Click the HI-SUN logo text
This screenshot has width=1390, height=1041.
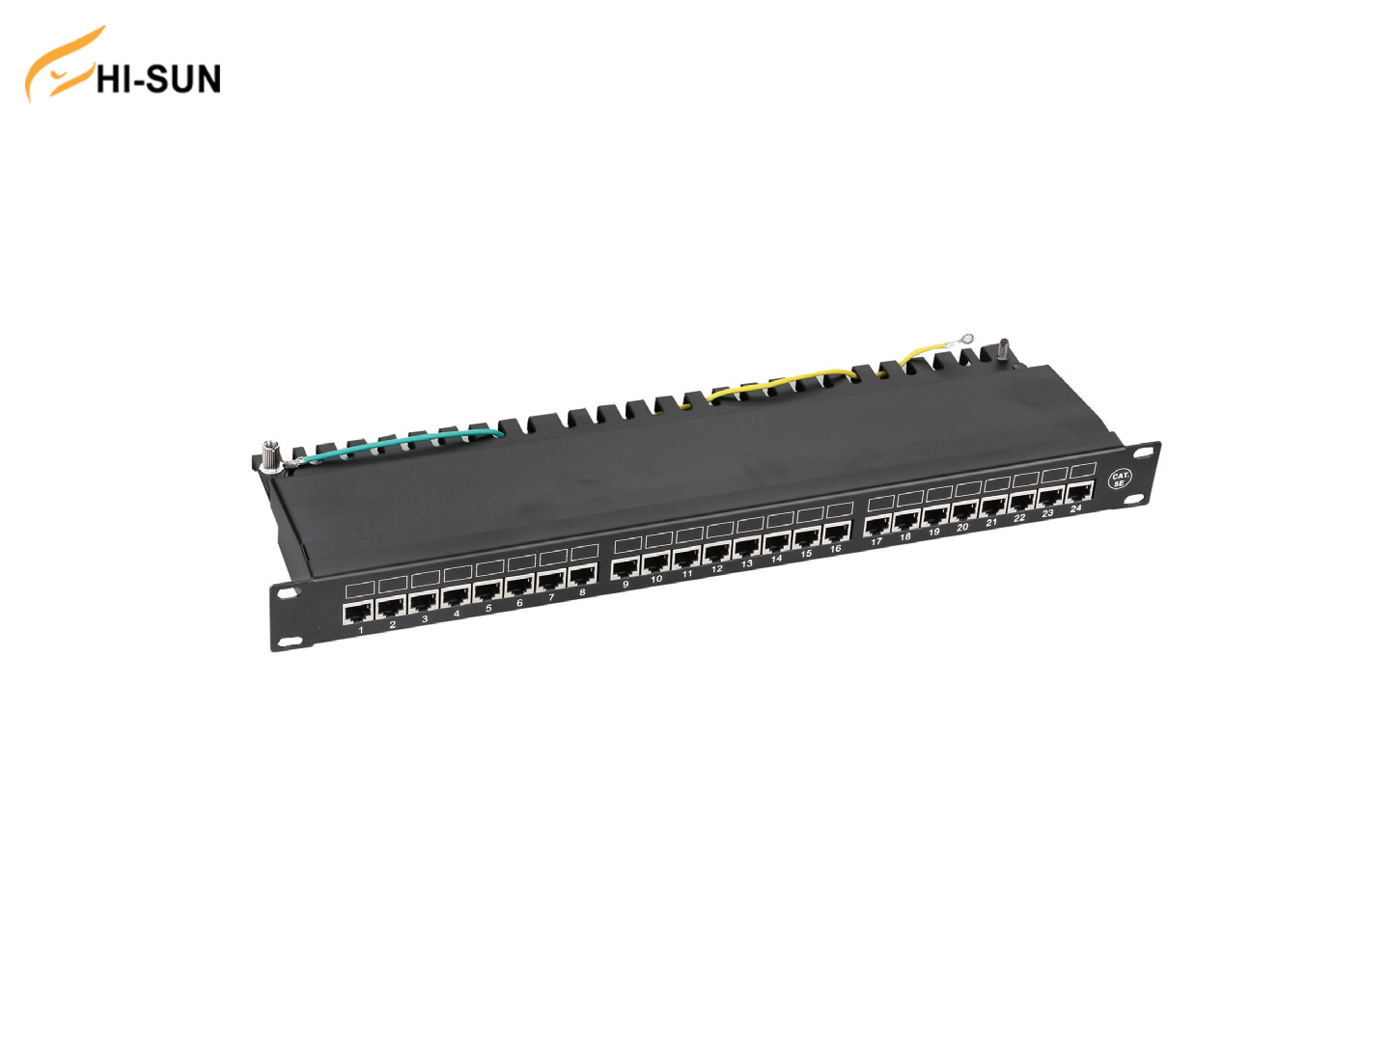tap(158, 79)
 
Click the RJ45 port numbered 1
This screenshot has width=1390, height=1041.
tap(357, 614)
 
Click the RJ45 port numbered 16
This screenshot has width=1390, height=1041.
tap(837, 534)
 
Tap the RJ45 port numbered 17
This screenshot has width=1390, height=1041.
tap(877, 527)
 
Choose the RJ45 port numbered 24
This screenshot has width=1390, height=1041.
tap(1080, 492)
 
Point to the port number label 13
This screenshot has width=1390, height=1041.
tap(746, 563)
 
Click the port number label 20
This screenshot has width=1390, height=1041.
tap(962, 527)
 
